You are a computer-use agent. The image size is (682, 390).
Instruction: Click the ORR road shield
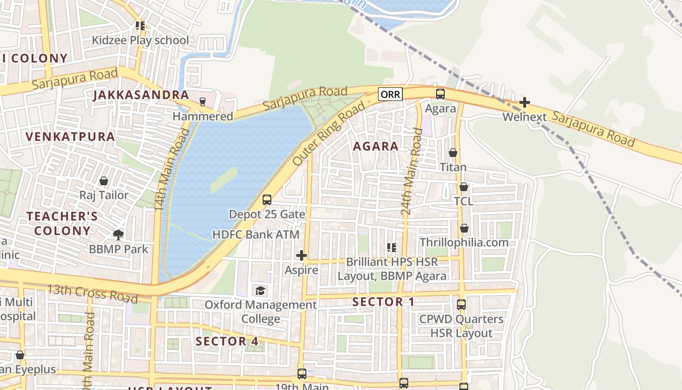click(x=390, y=94)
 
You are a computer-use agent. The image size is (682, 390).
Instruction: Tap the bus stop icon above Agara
click(x=440, y=94)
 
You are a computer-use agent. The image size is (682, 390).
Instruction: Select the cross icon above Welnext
click(x=524, y=102)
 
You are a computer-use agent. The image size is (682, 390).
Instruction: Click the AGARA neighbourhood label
click(x=376, y=146)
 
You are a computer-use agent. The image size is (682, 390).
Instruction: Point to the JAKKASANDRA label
click(x=141, y=95)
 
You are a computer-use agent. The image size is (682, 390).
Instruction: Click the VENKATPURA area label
click(x=71, y=136)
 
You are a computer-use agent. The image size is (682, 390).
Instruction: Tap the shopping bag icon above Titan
click(x=453, y=153)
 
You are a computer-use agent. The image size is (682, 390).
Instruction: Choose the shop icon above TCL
click(x=464, y=187)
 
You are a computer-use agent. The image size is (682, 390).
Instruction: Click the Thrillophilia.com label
click(x=464, y=242)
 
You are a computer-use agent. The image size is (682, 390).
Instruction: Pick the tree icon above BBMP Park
click(x=118, y=235)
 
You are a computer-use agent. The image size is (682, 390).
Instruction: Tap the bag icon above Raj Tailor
click(x=104, y=181)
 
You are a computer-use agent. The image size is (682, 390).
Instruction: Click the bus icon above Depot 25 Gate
click(x=266, y=200)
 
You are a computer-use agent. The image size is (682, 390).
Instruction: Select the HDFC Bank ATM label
click(x=256, y=234)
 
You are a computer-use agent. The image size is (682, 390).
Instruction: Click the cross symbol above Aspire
click(x=301, y=255)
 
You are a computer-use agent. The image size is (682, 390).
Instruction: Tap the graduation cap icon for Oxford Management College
click(x=260, y=291)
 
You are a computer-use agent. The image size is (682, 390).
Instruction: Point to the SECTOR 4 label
click(x=227, y=341)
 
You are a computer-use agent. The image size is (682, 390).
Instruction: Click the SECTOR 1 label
click(x=383, y=302)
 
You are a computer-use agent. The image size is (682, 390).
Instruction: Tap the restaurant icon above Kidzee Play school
click(x=140, y=26)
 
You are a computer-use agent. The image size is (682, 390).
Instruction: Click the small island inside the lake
click(x=224, y=180)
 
